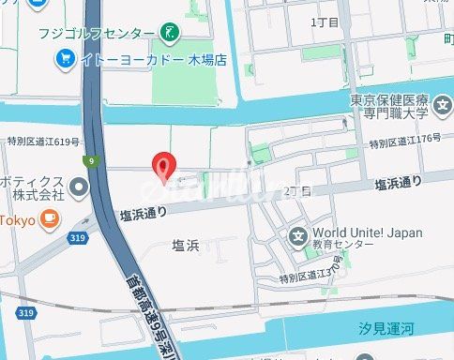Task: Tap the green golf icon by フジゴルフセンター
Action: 171,34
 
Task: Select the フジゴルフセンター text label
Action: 96,34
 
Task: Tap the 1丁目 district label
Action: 323,20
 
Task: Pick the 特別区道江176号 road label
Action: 404,143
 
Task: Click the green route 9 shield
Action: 91,161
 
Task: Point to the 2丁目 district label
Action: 296,190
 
